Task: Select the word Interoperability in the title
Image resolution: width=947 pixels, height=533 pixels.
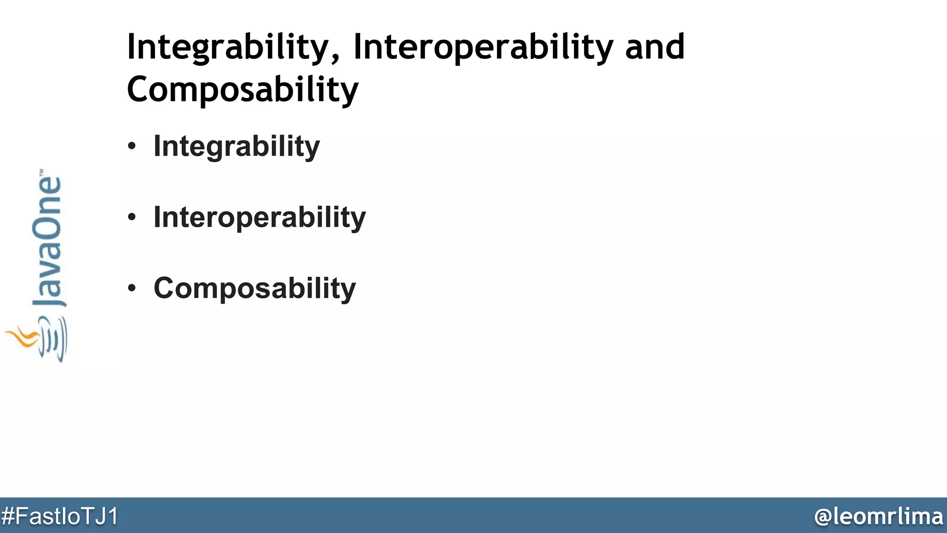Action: (483, 48)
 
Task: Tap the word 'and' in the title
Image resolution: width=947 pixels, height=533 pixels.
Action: (655, 48)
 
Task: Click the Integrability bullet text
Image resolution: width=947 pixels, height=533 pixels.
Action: (236, 147)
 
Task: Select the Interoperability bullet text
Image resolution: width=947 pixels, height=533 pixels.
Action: (259, 217)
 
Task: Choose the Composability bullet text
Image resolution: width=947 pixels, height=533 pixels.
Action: (254, 288)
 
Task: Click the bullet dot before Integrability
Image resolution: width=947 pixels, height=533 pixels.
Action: (132, 146)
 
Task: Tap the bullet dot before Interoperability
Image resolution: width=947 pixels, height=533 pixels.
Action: (132, 217)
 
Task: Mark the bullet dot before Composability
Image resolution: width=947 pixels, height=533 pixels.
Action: (132, 288)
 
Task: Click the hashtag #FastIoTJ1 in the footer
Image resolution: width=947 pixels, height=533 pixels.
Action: (60, 516)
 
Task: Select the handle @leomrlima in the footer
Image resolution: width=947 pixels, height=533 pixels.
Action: (879, 516)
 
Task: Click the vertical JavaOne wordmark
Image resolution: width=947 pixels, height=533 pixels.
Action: (48, 241)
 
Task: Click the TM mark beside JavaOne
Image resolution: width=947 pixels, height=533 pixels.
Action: (42, 172)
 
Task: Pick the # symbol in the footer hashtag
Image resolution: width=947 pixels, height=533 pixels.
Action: (8, 516)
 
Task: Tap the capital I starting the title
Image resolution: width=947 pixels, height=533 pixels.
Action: (130, 47)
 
